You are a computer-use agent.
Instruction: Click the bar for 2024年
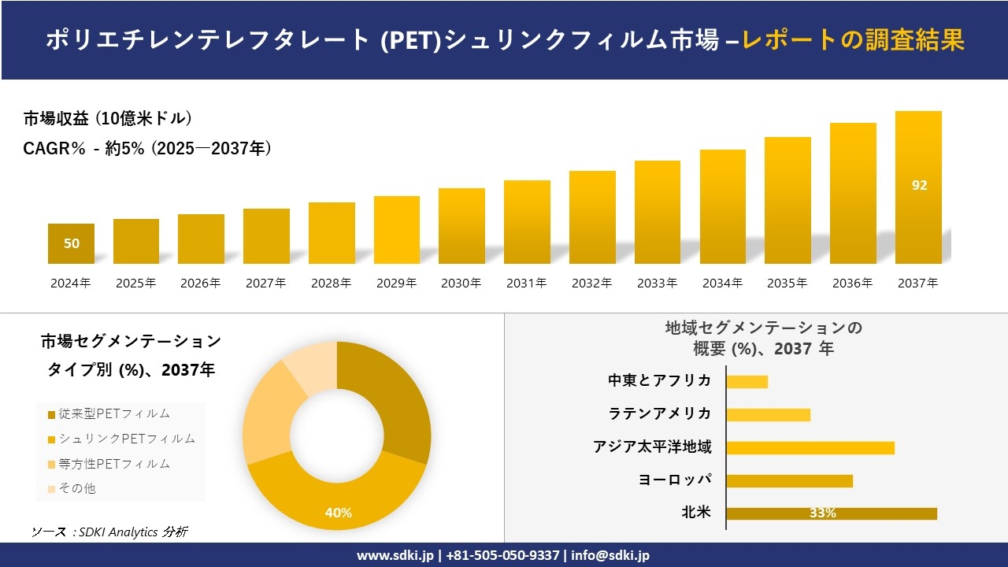point(71,244)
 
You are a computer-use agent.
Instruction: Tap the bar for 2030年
point(461,226)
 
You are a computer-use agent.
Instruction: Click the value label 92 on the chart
point(919,186)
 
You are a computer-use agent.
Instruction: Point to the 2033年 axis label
point(657,283)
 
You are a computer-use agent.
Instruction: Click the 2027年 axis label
point(265,283)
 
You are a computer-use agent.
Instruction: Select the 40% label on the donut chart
point(338,513)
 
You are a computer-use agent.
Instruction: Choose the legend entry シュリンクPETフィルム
point(121,439)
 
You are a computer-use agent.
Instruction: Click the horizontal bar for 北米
point(831,513)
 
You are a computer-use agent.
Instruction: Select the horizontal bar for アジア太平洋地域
point(810,448)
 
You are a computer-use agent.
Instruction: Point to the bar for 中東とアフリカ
point(747,382)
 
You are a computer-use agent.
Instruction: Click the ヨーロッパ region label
point(675,480)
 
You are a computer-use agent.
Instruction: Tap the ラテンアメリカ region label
point(659,413)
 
